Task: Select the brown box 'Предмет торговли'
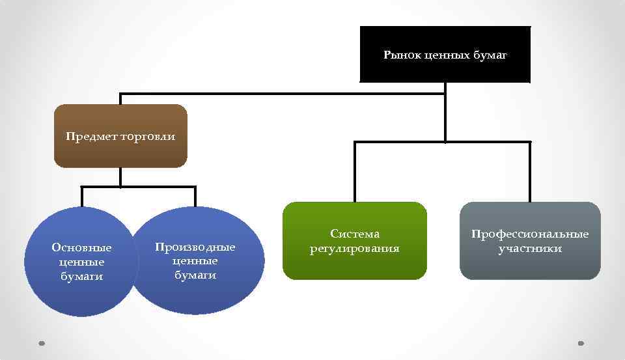coord(120,153)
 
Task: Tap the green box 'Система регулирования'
coord(355,264)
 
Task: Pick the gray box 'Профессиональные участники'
coord(530,266)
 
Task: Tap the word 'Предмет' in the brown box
coord(92,137)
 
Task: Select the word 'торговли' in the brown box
coord(148,137)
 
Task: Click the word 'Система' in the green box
coord(355,234)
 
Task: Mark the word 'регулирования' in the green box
coord(355,248)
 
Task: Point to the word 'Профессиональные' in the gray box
coord(530,234)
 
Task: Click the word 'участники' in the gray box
coord(530,248)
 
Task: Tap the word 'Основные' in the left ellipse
coord(81,247)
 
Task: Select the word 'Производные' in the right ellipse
coord(195,247)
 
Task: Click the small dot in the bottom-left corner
coord(42,343)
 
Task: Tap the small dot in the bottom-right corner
coord(581,343)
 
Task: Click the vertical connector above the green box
coord(355,173)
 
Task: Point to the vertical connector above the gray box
coord(530,173)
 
